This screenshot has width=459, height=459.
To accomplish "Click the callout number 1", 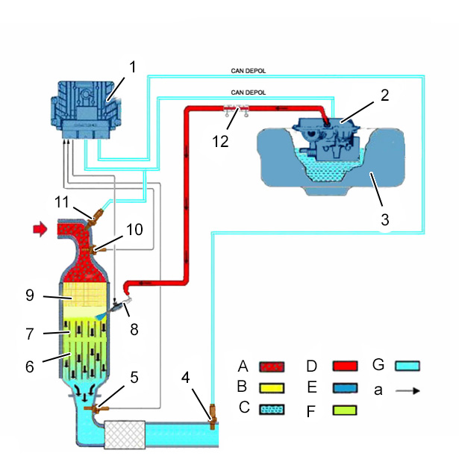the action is pos(133,67).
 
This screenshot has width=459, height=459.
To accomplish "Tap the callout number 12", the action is pos(220,142).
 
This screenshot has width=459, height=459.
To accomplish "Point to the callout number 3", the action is pos(384,219).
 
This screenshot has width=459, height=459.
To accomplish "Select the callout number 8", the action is pos(134,329).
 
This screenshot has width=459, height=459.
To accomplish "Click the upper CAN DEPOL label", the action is pos(249,71).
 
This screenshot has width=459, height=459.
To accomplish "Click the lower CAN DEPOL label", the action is pos(249,93).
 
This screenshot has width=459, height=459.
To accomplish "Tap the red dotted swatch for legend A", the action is pos(272,366).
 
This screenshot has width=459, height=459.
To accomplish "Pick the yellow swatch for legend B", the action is pos(272,388).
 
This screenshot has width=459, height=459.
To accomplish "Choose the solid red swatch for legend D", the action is pos(345,366).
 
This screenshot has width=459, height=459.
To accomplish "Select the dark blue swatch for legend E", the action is pos(345,388).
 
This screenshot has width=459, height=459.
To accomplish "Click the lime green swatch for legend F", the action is pos(345,410).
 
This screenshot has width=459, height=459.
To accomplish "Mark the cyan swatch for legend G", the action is pos(408,366).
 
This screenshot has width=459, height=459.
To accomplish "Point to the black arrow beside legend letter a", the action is pos(408,390).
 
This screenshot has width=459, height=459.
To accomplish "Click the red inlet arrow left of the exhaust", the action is pos(40,228).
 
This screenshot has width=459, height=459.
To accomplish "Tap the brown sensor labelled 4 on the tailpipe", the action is pos(213,416).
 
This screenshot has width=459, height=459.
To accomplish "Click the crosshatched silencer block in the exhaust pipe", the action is pos(125,434).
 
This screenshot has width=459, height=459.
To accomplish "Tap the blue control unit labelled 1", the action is pos(86,110).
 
